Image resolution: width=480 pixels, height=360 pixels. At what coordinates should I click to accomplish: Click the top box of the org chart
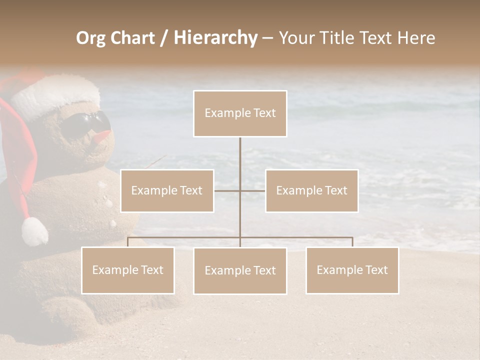(240, 113)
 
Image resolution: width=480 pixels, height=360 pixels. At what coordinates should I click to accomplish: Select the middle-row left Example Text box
(167, 190)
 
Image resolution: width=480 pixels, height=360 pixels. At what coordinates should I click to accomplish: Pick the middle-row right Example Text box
(311, 190)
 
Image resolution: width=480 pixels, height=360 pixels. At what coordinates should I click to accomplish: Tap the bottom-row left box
(128, 270)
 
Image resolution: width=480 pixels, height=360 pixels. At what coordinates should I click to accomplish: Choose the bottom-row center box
(240, 270)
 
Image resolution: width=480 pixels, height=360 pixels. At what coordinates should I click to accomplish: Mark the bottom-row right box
(352, 270)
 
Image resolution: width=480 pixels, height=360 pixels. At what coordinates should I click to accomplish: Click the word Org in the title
(90, 38)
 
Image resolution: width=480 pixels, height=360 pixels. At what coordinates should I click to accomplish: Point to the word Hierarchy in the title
(215, 38)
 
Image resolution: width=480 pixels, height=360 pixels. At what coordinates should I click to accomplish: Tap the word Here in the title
(416, 38)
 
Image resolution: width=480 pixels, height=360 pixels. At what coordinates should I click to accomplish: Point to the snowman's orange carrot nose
(102, 136)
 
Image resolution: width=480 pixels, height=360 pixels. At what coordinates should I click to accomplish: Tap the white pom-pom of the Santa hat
(34, 231)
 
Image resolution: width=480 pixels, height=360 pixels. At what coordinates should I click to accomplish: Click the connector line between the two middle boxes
(227, 190)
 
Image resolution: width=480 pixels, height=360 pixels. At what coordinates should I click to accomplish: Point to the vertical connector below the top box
(240, 160)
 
